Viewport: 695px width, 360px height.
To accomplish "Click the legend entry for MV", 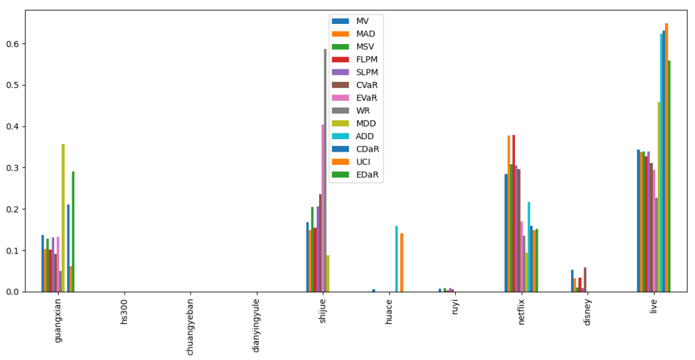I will coord(361,21).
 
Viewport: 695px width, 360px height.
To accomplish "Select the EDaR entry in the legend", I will coord(367,175).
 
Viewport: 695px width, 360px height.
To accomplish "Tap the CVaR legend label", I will coord(367,85).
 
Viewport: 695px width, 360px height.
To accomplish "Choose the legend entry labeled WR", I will coord(363,111).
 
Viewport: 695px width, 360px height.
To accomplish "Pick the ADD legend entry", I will coord(364,136).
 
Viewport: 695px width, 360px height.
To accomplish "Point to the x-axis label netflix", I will coord(521,313).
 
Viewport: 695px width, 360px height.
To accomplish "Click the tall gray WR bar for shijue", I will coord(325,170).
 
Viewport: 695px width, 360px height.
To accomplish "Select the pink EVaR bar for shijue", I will coord(323,208).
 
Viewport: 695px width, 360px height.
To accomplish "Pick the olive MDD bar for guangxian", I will coord(63,218).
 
